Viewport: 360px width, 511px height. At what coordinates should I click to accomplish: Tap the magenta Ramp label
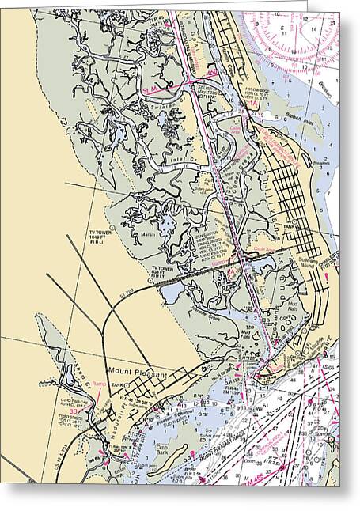[99, 384]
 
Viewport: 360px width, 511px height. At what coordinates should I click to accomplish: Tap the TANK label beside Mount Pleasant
[118, 385]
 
